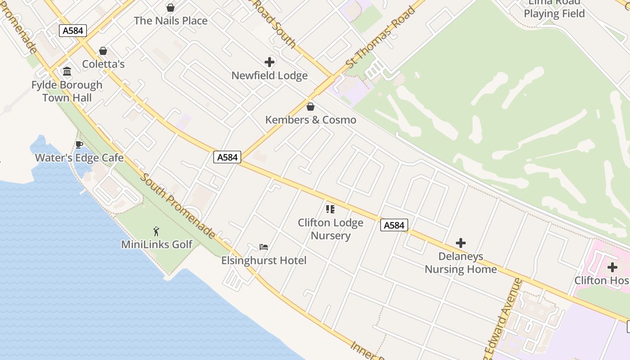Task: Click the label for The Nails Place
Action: tap(171, 21)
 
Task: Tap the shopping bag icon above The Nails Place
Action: tap(171, 8)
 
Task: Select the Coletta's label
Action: tap(103, 64)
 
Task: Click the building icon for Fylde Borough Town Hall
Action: tap(67, 71)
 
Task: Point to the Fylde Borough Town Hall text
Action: tap(67, 91)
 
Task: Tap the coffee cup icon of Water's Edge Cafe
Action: tap(79, 144)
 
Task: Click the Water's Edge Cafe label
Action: tap(79, 158)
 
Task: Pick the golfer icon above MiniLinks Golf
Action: tap(156, 231)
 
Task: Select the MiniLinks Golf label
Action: tap(157, 244)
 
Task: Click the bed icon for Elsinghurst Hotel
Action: tap(264, 247)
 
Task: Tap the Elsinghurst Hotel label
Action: tap(264, 261)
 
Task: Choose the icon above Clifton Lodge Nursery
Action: tap(330, 209)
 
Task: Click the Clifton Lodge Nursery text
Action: tap(330, 229)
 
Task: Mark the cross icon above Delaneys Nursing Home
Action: tap(460, 243)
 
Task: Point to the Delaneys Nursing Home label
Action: tap(460, 263)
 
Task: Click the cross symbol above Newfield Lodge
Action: tap(270, 62)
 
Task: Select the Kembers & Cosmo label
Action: tap(310, 120)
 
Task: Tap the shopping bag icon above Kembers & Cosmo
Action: tap(310, 107)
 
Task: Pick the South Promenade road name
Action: tap(178, 205)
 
